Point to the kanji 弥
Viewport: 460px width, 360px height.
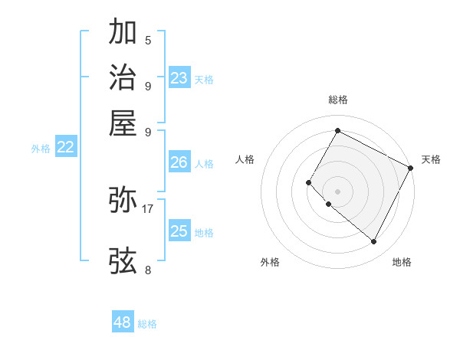tap(123, 200)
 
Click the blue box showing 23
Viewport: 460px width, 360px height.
tap(179, 78)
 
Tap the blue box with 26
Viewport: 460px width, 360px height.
tap(179, 162)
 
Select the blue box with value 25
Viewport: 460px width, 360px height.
tap(179, 231)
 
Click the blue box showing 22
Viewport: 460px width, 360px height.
tap(66, 148)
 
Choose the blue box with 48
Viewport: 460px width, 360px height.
tap(123, 322)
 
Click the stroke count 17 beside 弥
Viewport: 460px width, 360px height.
tap(148, 208)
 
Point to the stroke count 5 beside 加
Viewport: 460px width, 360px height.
tap(148, 40)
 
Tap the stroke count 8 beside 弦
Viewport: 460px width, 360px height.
tap(148, 270)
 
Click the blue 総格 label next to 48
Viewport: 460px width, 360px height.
tap(147, 324)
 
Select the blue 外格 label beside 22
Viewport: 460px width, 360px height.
tap(41, 149)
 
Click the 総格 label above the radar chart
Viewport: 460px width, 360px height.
tap(337, 100)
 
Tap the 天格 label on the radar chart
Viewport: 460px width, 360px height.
tap(431, 159)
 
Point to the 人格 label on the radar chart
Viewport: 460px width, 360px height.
tap(245, 159)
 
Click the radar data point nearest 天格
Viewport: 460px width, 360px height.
tap(411, 168)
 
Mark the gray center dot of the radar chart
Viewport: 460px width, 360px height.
tap(337, 191)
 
